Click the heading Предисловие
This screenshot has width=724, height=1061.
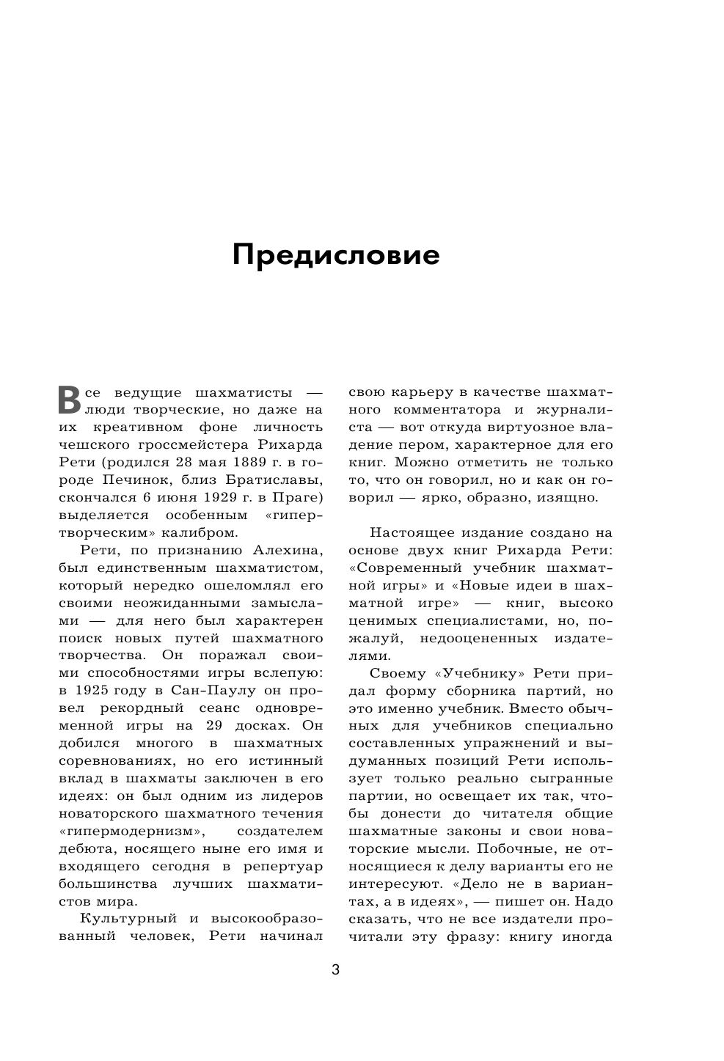[336, 255]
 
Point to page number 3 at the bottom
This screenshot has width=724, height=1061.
[336, 970]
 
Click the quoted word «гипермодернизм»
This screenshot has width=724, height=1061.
[131, 831]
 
